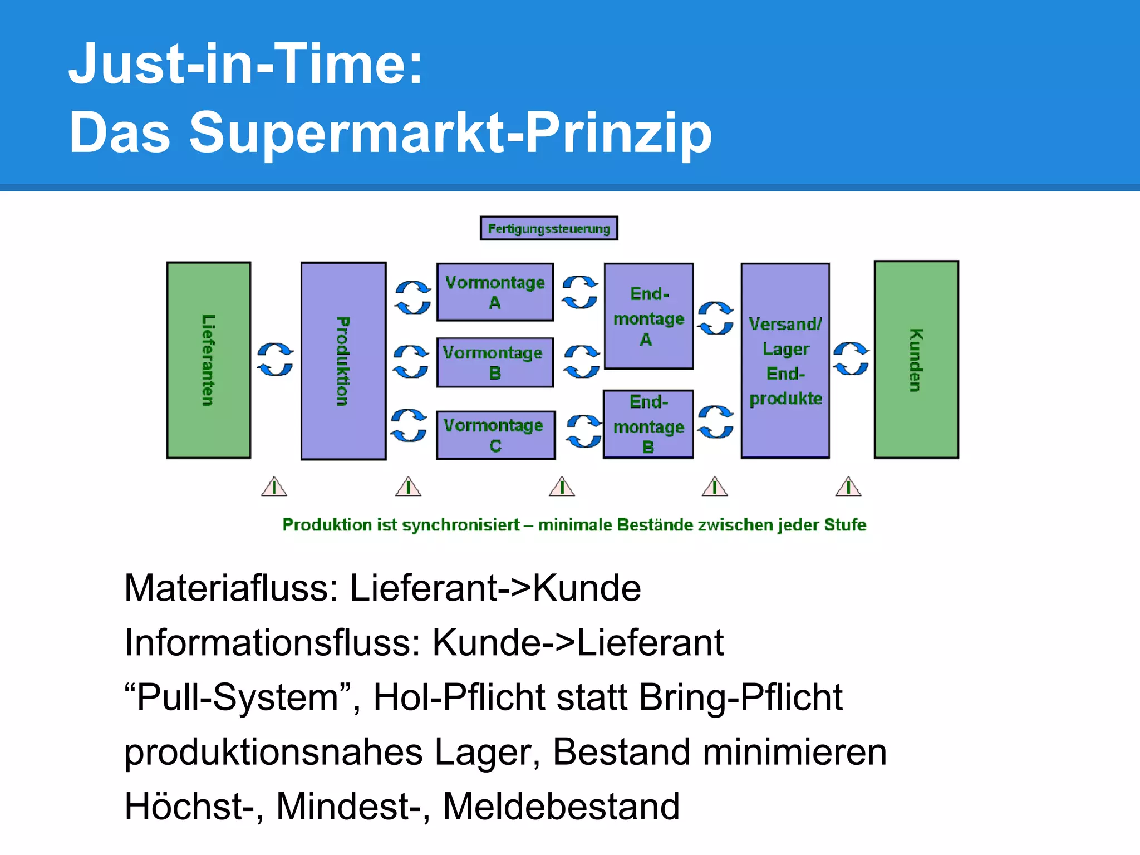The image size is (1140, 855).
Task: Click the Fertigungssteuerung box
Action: point(549,228)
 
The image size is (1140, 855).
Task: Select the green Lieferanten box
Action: point(209,360)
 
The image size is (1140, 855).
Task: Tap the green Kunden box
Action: point(916,360)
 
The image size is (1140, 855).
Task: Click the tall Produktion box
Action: point(343,361)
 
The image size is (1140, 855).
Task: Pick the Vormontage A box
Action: point(495,292)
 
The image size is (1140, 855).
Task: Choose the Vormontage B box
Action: point(495,362)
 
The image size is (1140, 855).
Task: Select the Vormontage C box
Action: point(495,435)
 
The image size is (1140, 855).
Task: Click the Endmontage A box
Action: point(648,316)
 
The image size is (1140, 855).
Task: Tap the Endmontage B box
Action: point(648,424)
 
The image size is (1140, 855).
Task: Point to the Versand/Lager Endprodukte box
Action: point(785,361)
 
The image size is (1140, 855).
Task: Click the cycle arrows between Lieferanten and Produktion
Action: point(275,360)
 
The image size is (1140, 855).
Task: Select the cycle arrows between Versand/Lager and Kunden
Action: point(851,358)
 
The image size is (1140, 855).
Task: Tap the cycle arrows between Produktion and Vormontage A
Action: point(412,297)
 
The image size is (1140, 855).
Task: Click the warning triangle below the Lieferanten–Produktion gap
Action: point(274,487)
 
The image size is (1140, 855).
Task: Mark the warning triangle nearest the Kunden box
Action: point(848,487)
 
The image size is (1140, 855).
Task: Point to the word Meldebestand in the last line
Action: point(561,806)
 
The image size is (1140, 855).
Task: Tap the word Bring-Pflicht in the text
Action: point(740,697)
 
